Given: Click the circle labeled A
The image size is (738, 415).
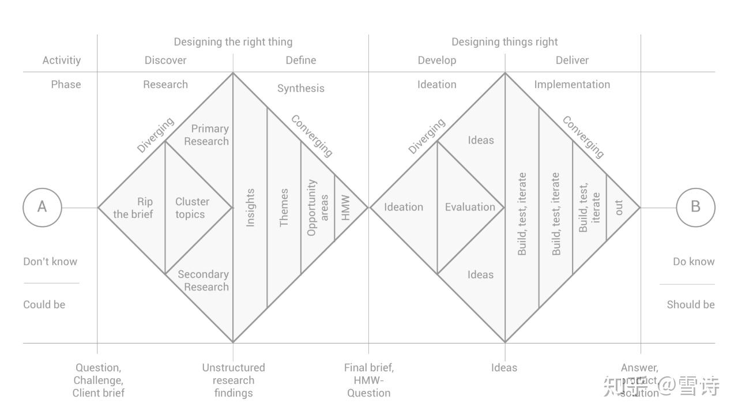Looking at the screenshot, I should click(x=42, y=207).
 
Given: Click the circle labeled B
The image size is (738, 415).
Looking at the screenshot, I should click(x=695, y=207).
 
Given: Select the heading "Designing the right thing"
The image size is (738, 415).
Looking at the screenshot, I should click(x=233, y=42).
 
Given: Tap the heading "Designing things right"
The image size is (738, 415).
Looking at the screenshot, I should click(x=504, y=42).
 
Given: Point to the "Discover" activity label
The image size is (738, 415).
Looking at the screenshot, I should click(x=165, y=61).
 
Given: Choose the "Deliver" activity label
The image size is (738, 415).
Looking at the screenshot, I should click(x=572, y=61).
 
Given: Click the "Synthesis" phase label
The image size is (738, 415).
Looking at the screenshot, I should click(x=300, y=89).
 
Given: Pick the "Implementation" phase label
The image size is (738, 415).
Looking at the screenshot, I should click(x=572, y=85).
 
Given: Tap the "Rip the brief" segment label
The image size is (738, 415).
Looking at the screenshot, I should click(x=133, y=208).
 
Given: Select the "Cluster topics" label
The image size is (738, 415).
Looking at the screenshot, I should click(x=192, y=208).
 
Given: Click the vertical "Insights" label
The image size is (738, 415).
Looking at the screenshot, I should click(x=250, y=207).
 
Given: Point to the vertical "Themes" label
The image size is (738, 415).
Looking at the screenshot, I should click(x=284, y=207).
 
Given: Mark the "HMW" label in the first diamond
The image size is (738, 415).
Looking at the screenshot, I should click(x=345, y=207).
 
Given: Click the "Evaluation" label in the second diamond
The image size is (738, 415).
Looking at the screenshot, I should click(x=470, y=207).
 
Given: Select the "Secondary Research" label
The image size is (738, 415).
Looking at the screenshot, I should click(x=203, y=281).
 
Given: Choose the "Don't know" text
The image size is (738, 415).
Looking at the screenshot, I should click(x=50, y=262).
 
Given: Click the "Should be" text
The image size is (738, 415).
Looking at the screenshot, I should click(x=691, y=305).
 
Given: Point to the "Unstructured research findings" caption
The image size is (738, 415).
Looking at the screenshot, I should click(x=234, y=380).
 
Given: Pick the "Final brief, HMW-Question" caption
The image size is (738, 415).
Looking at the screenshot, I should click(x=369, y=380).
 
